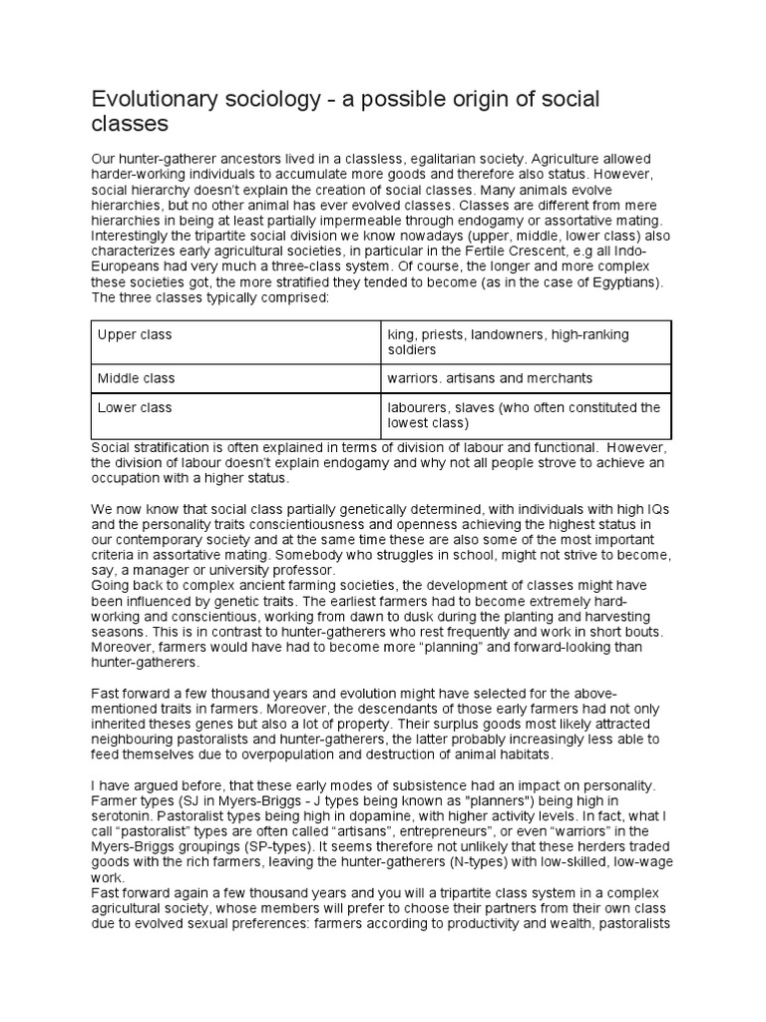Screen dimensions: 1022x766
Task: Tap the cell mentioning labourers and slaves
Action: click(524, 415)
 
